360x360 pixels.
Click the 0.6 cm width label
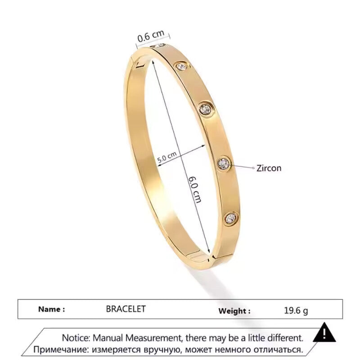(151, 36)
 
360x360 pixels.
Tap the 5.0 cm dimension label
(166, 158)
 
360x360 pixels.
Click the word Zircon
(269, 168)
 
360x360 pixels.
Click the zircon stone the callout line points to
(224, 163)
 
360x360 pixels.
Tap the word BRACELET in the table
(126, 309)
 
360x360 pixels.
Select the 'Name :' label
(51, 309)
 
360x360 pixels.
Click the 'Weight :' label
(234, 310)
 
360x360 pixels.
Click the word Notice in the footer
(76, 337)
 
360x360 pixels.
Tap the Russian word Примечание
(60, 349)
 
